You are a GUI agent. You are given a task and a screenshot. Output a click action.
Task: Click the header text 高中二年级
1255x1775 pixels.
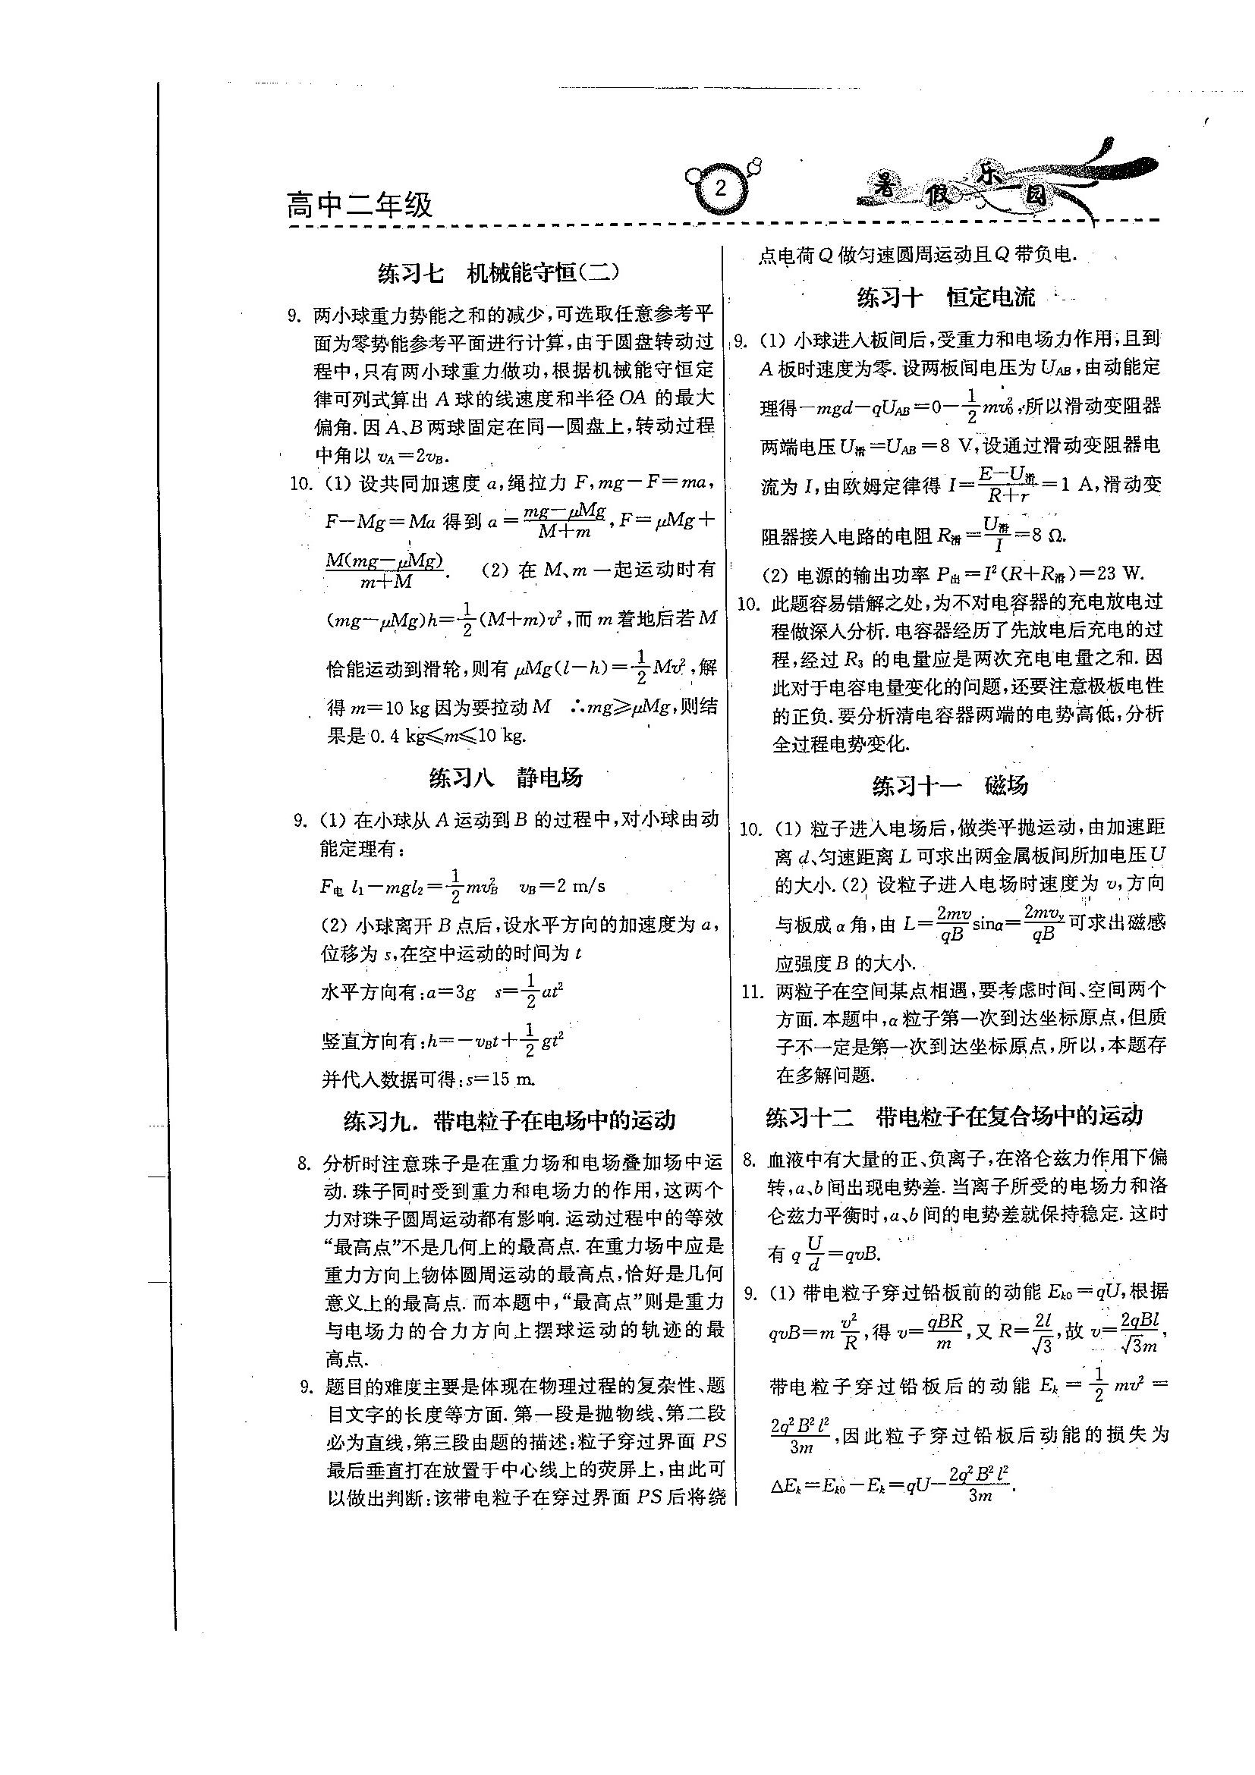coord(360,206)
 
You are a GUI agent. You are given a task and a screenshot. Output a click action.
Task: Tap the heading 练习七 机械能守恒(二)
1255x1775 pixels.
coord(499,273)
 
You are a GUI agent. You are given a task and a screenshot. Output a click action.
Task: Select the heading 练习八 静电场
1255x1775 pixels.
coord(505,778)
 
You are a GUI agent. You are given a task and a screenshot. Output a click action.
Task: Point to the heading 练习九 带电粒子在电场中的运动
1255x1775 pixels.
coord(510,1120)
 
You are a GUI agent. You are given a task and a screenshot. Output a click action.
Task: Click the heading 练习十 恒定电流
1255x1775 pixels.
coord(945,297)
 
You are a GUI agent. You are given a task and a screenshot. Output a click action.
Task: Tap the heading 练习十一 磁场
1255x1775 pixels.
coord(950,786)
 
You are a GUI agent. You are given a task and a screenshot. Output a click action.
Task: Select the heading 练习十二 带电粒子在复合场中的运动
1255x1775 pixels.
coord(955,1116)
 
